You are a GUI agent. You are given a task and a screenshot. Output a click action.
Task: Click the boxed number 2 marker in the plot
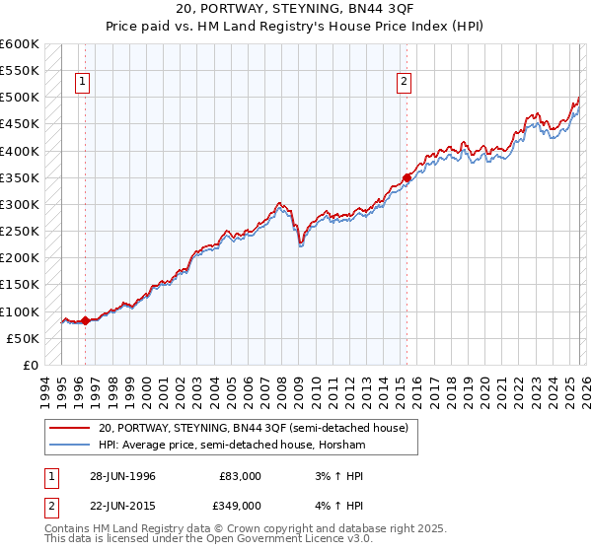[x=405, y=83]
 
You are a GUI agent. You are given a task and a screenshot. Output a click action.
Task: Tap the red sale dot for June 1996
[x=85, y=320]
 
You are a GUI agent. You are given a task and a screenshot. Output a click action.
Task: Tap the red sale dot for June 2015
[x=407, y=178]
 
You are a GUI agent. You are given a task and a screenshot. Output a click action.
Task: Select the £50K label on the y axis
[x=23, y=339]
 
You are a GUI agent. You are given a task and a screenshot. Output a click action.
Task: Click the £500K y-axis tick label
[x=20, y=98]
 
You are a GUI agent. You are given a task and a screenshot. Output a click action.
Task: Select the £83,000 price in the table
[x=240, y=476]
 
